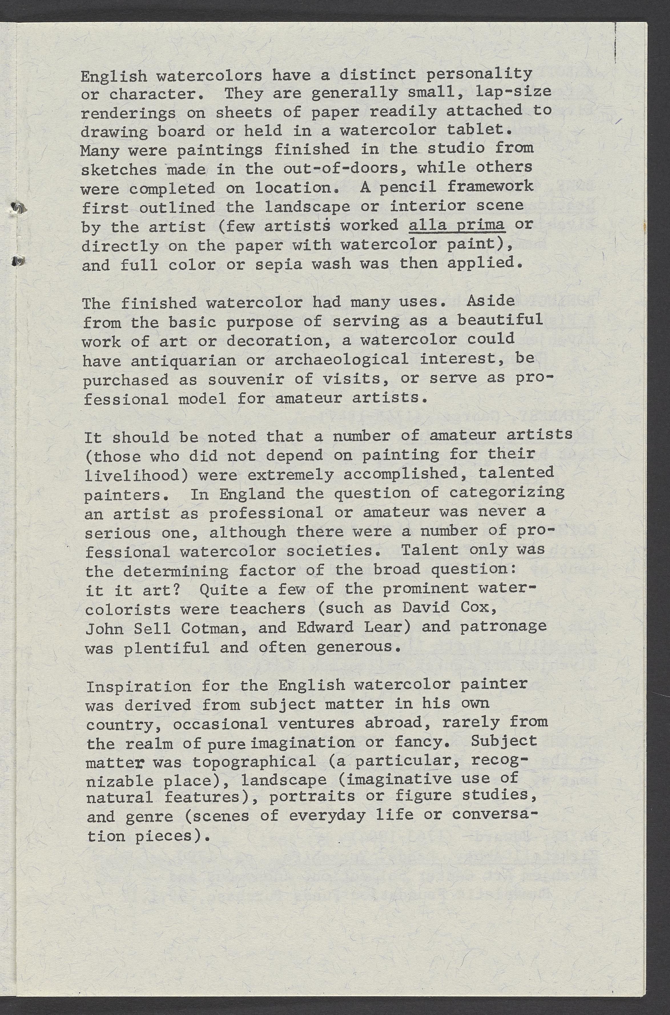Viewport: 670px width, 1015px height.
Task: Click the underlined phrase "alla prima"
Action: (457, 225)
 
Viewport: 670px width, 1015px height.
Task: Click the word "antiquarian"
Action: (183, 361)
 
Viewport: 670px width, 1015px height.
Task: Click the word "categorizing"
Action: (506, 493)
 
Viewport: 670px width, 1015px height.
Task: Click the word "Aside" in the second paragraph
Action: (490, 301)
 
